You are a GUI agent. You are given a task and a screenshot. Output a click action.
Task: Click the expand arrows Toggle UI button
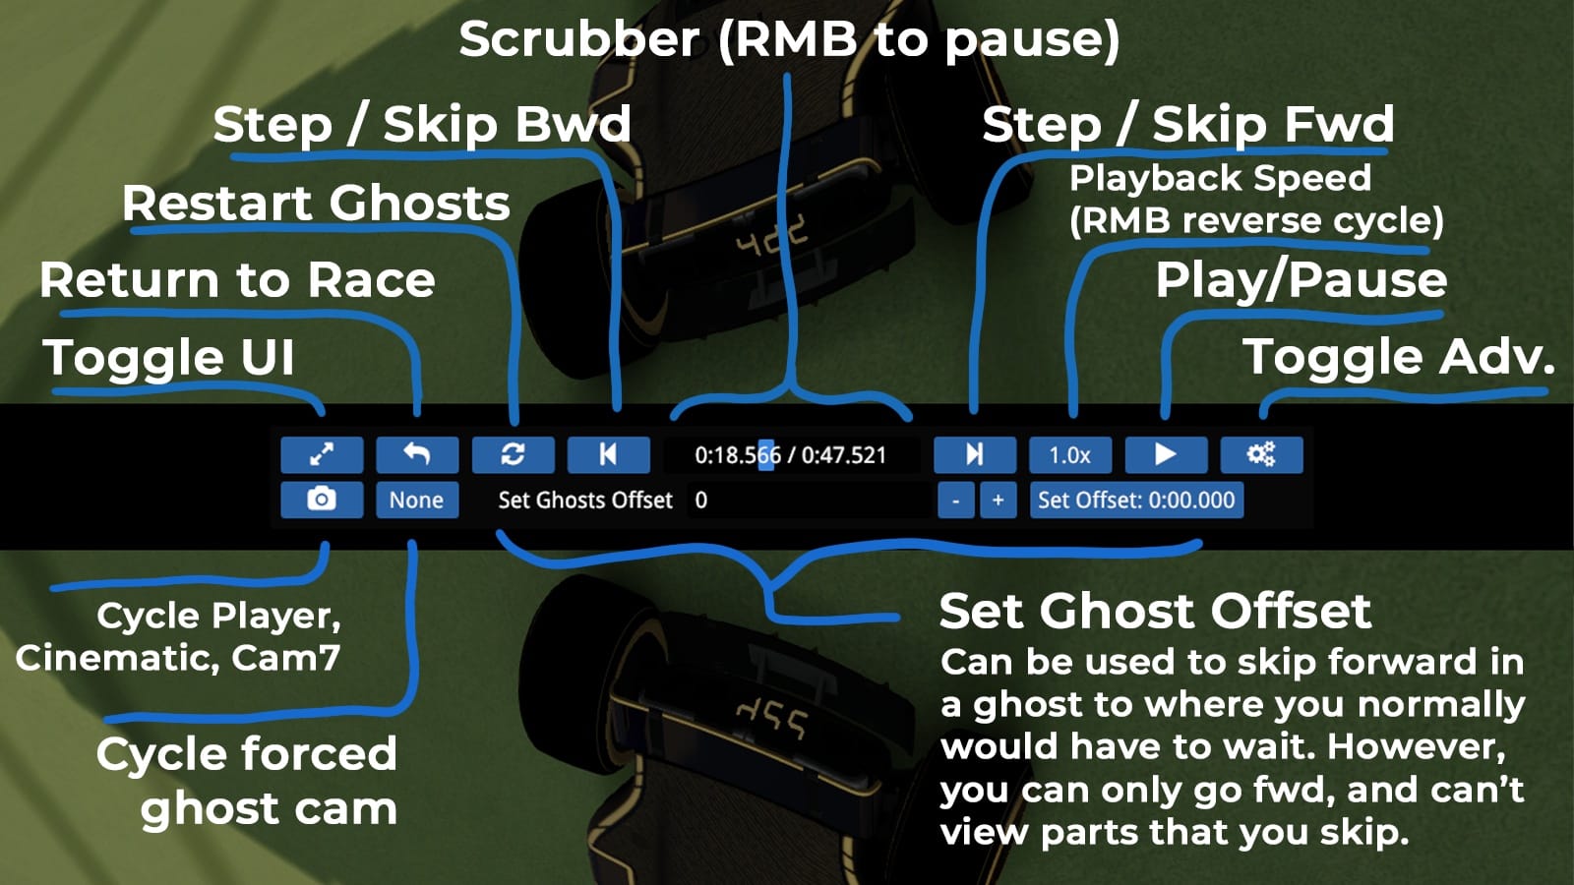pos(322,454)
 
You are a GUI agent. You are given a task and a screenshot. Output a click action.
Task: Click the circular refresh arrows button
pos(513,454)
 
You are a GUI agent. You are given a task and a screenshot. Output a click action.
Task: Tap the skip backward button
pos(608,454)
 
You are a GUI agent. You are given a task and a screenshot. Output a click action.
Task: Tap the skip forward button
pos(974,454)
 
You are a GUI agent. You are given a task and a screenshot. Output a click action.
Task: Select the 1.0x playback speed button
pos(1069,455)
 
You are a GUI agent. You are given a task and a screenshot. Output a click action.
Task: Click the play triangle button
pos(1165,454)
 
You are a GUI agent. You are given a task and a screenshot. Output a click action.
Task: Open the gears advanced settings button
pos(1261,454)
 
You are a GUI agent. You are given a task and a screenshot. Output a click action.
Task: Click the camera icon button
pos(322,500)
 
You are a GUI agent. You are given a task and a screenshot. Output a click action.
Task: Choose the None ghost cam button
pos(416,500)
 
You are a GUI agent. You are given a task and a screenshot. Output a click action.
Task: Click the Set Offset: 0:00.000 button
pos(1136,500)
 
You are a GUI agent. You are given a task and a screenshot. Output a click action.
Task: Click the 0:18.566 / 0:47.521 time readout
pos(790,455)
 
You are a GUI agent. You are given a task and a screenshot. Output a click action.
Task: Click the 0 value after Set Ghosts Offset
pos(701,500)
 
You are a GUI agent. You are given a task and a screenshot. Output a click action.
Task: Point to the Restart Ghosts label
pos(316,204)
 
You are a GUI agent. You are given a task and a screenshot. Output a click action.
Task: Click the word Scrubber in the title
pos(578,40)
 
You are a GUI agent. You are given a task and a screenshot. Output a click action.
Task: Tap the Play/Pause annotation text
pos(1301,280)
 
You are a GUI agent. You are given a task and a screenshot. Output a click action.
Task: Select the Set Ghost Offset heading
pos(1155,611)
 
